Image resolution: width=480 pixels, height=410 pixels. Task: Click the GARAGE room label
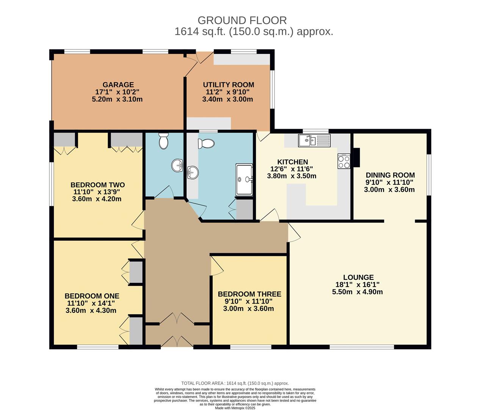[x=118, y=85]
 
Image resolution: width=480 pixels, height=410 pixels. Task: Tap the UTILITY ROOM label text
[x=228, y=85]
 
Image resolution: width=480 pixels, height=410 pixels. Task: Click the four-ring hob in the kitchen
[x=344, y=162]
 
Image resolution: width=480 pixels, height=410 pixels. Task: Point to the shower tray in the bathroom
[x=244, y=180]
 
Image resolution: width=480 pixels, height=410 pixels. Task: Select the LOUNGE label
[x=358, y=278]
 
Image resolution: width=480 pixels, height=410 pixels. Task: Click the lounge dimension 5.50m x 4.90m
[x=357, y=292]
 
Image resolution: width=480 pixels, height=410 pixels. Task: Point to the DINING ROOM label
[x=390, y=175]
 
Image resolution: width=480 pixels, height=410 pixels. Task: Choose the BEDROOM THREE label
[x=249, y=294]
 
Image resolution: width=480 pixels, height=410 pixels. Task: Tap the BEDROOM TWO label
[x=97, y=185]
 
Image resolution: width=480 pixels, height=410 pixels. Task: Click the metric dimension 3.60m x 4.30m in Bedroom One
[x=91, y=311]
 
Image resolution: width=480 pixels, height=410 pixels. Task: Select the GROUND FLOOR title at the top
[x=242, y=20]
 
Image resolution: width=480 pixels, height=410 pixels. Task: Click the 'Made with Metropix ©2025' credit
[x=235, y=408]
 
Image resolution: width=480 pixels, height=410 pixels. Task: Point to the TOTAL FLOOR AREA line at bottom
[x=235, y=383]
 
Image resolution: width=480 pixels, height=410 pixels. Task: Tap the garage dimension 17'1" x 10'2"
[x=118, y=92]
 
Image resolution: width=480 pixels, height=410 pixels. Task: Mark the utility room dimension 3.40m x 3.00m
[x=227, y=99]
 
